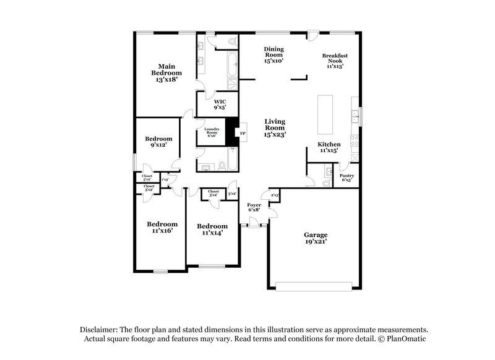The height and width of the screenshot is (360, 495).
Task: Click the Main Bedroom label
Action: click(166, 72)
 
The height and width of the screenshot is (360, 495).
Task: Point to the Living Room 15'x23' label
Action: click(275, 127)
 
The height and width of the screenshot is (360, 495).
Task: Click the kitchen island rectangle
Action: click(325, 114)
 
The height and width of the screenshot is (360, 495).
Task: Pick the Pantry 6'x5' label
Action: click(346, 178)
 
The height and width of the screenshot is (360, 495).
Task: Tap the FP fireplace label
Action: click(243, 133)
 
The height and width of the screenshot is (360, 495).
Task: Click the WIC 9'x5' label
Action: click(220, 104)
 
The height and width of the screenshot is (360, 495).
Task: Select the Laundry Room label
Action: click(212, 132)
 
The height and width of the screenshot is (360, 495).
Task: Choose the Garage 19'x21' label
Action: click(316, 238)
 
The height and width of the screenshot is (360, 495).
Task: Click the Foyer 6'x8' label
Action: click(254, 207)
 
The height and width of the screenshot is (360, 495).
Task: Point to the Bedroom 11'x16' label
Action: click(161, 227)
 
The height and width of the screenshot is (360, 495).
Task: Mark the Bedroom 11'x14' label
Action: click(211, 229)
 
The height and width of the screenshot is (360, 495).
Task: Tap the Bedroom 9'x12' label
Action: click(158, 142)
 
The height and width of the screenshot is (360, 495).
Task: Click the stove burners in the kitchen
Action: click(355, 140)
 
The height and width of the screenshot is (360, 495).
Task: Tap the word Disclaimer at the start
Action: click(100, 330)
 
